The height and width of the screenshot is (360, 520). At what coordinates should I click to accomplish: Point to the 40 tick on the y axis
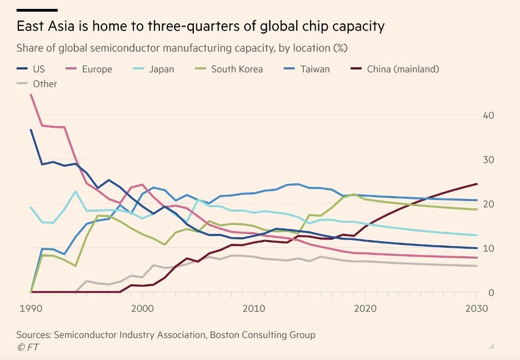(x=489, y=116)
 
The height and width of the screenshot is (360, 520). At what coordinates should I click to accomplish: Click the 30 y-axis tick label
(x=489, y=160)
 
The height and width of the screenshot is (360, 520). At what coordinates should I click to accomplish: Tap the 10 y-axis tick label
(x=489, y=248)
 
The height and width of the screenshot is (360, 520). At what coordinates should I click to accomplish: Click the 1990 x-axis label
(x=31, y=308)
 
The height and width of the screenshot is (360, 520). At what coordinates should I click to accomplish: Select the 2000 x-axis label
(x=143, y=308)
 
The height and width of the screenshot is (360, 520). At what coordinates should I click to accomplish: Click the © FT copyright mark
(x=27, y=347)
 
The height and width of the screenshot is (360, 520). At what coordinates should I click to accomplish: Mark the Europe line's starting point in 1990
(x=31, y=95)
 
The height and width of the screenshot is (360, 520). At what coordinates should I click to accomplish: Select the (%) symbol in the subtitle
(x=340, y=48)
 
